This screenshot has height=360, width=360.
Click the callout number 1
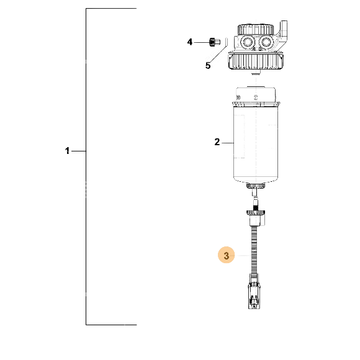pos(67,151)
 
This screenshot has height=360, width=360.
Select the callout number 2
pos(217,142)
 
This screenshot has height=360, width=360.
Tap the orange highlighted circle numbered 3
pos(227,255)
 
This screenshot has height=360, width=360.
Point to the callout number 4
pos(190,42)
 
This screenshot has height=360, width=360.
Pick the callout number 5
pos(208,66)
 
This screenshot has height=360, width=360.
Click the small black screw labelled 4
pos(215,42)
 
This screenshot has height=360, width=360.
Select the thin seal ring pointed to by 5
pos(226,42)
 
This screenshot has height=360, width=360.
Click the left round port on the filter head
pos(248,42)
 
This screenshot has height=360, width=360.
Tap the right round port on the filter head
pos(266,42)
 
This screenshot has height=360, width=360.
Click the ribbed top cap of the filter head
pos(256,30)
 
